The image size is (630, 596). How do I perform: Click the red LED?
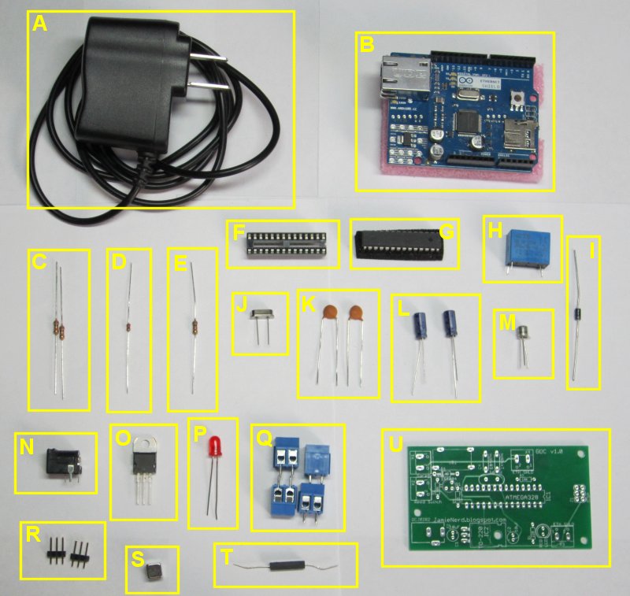(213, 450)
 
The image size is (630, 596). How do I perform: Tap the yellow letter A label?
(40, 24)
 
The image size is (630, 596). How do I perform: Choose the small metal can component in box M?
(521, 335)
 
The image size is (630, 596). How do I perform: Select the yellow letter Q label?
(264, 438)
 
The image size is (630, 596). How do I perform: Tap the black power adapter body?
(130, 79)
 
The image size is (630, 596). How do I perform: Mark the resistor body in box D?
(128, 326)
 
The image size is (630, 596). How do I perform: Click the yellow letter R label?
(33, 535)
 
